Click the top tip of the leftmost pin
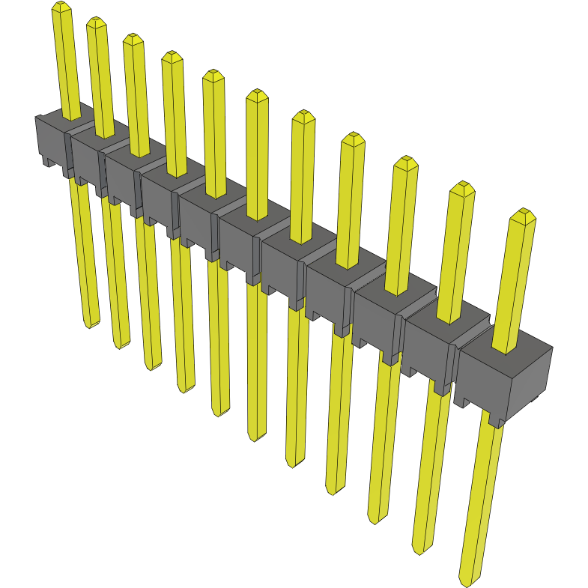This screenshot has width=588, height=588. (61, 5)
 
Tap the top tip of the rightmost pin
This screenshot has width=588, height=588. (522, 213)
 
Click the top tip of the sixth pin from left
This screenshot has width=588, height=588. (257, 94)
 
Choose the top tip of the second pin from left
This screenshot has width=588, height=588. (97, 21)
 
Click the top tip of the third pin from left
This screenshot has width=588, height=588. (133, 37)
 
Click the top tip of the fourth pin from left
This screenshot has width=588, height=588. (172, 55)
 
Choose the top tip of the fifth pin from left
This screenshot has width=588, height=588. (213, 73)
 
